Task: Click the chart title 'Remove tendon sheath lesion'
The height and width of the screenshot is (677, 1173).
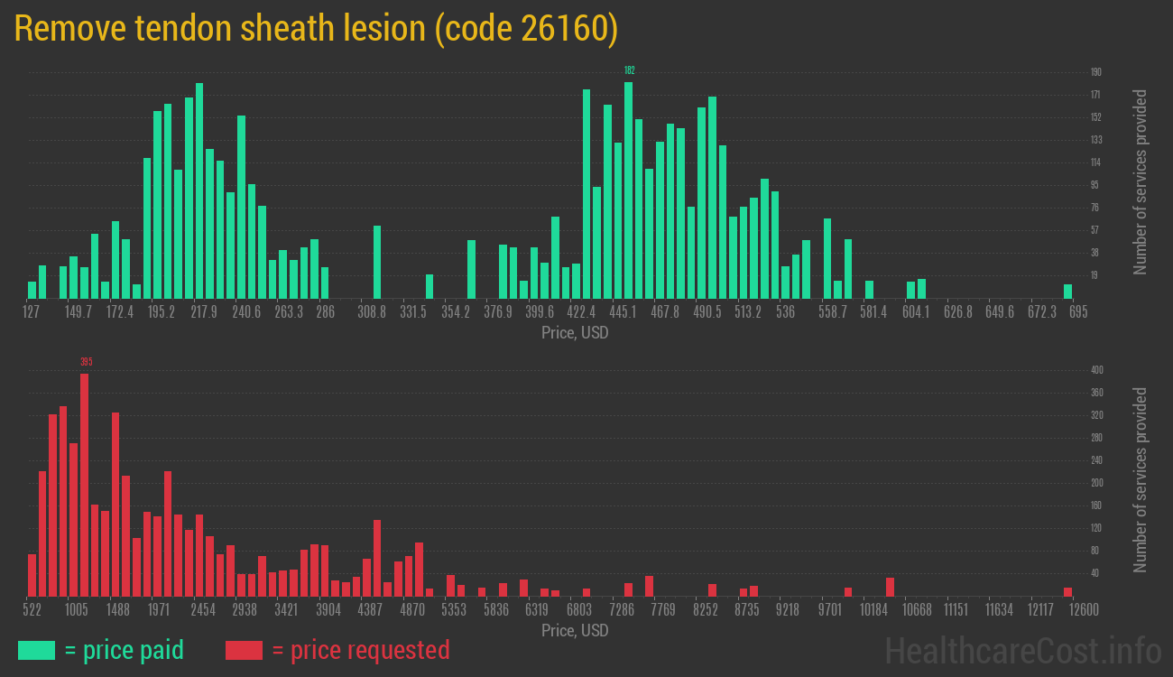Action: (x=316, y=29)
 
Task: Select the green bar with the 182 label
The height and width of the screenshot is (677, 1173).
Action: (x=628, y=190)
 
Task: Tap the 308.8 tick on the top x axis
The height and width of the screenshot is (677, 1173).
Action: (x=371, y=312)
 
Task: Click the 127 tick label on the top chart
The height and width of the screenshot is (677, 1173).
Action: (x=32, y=312)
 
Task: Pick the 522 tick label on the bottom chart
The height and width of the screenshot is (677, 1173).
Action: (x=32, y=610)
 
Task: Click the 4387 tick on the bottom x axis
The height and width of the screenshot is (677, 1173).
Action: (x=370, y=610)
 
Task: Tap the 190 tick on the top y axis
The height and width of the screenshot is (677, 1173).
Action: (x=1095, y=72)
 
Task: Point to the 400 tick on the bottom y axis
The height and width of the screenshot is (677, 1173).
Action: (x=1096, y=370)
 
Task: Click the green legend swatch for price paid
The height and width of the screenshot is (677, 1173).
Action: (x=36, y=650)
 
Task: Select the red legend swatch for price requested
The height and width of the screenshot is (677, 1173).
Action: (x=244, y=650)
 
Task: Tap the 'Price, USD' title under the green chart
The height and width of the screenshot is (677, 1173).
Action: (x=575, y=333)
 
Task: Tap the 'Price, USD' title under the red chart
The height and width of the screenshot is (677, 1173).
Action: (x=575, y=630)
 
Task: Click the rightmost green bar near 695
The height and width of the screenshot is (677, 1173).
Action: (x=1067, y=292)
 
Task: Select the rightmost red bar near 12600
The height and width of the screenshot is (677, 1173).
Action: (x=1067, y=592)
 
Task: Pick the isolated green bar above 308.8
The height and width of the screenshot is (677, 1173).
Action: (x=376, y=262)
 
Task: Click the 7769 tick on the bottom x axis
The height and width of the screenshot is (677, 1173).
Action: (x=663, y=610)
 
